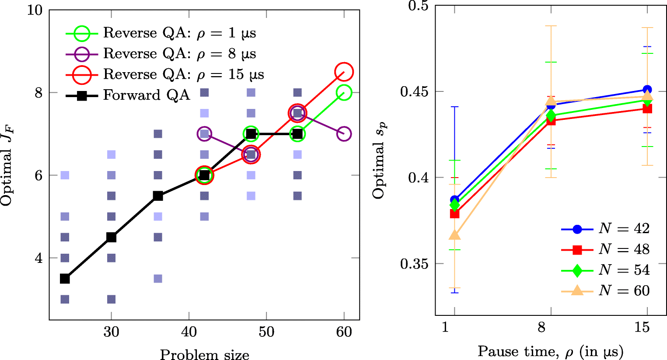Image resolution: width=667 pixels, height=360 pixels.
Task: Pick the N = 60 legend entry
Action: click(606, 290)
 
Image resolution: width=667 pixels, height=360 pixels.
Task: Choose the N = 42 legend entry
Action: click(606, 229)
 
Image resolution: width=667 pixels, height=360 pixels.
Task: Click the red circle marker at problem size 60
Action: click(344, 72)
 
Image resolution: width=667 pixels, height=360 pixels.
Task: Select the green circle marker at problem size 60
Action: click(344, 93)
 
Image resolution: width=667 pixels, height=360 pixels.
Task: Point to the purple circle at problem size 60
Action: click(344, 134)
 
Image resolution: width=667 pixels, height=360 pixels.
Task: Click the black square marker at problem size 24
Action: click(65, 279)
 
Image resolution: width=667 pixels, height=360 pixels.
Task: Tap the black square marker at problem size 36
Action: click(158, 196)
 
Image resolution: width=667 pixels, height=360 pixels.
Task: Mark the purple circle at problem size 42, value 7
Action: click(204, 134)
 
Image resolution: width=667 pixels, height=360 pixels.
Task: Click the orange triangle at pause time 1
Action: click(455, 235)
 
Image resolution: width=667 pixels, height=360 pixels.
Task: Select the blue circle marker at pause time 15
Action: click(647, 90)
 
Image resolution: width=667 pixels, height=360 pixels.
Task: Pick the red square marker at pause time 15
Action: click(647, 108)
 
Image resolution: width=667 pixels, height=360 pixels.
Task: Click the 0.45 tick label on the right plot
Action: click(413, 92)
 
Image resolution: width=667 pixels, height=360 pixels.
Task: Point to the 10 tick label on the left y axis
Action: click(35, 10)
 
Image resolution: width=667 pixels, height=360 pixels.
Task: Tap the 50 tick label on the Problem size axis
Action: click(266, 332)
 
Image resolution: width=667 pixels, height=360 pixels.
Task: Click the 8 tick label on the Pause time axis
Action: click(541, 327)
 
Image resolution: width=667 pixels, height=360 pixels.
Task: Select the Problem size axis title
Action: click(204, 354)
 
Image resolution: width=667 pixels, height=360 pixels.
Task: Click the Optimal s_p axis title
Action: click(379, 161)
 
